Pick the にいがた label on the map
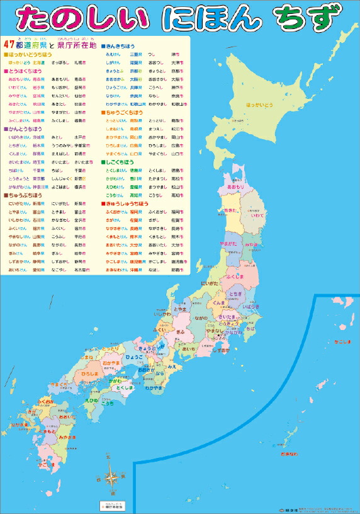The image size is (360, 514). [208, 284]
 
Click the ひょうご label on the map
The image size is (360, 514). [133, 357]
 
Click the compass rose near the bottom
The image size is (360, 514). [111, 474]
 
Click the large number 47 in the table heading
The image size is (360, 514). [9, 45]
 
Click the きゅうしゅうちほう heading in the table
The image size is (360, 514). [126, 204]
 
